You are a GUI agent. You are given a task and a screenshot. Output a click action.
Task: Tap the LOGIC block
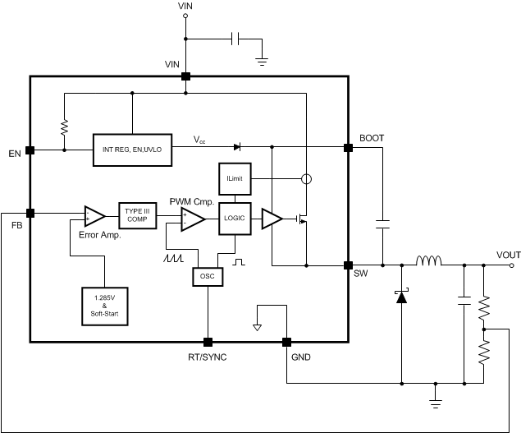click(235, 219)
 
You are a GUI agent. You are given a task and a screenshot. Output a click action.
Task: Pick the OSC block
click(207, 277)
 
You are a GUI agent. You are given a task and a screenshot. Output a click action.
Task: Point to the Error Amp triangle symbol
click(94, 217)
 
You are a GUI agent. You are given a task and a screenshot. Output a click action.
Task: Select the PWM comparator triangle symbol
click(193, 219)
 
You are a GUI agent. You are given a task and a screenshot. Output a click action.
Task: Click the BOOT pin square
click(348, 148)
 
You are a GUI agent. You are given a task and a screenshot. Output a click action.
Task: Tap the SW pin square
click(348, 265)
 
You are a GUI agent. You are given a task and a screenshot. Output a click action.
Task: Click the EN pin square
click(30, 150)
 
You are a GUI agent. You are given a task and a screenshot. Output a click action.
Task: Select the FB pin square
click(30, 213)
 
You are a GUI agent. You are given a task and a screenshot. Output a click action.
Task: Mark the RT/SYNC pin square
click(207, 342)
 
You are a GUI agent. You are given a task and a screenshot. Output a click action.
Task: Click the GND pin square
click(286, 342)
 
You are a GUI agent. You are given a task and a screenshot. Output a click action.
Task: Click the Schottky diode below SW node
click(401, 296)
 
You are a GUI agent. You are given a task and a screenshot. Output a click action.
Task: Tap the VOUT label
click(509, 254)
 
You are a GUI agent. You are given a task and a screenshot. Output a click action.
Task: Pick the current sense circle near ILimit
click(305, 178)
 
